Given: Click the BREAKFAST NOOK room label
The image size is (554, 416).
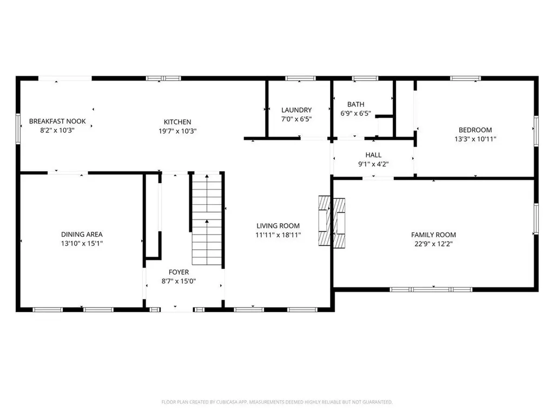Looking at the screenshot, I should click(57, 121).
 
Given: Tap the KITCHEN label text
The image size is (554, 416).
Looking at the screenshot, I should click(177, 122).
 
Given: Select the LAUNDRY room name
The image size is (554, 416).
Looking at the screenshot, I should click(296, 110).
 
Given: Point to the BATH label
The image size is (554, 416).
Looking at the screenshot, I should click(356, 105).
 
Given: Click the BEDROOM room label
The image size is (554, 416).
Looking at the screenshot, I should click(475, 130).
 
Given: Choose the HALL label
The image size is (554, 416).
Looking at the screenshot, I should click(373, 155).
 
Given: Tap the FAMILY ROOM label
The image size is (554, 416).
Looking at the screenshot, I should click(433, 235).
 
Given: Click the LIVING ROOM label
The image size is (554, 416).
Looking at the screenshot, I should click(278, 226).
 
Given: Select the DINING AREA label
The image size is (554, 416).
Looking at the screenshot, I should click(82, 235).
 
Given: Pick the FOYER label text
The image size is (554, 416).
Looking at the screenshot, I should click(179, 272).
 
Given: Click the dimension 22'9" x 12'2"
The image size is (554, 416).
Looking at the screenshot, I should click(433, 244).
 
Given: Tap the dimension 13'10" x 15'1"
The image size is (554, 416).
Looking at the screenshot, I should click(82, 244).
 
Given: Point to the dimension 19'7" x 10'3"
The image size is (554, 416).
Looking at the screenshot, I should click(177, 131).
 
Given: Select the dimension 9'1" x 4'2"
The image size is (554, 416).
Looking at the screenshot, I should click(373, 164).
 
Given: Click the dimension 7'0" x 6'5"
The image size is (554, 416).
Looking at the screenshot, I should click(296, 119).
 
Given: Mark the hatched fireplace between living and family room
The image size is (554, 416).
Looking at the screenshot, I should click(331, 222).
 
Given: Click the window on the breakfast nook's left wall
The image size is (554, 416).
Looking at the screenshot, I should click(18, 128).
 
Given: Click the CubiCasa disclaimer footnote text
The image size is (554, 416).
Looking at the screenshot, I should click(277, 402).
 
